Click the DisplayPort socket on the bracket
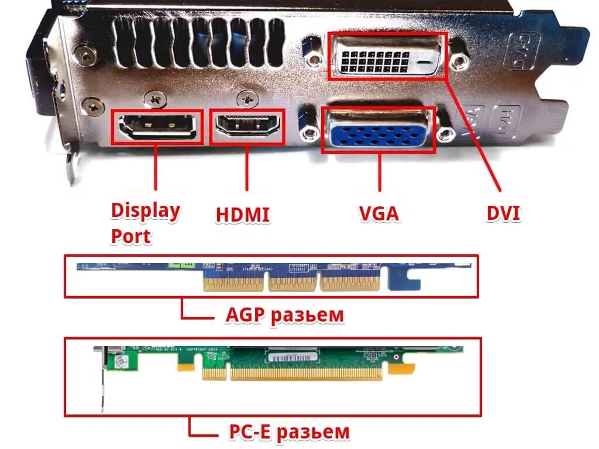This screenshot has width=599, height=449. tap(157, 127)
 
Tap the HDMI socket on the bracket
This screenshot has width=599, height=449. tap(247, 126)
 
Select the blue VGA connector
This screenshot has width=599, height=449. tap(379, 130)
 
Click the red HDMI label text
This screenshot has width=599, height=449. tap(243, 215)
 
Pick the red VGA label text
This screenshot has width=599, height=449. tap(378, 213)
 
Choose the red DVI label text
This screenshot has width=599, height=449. tap(503, 213)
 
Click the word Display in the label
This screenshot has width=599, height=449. tap(146, 211)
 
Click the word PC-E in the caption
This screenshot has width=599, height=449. tap(248, 432)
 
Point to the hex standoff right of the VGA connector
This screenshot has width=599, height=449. tap(447, 134)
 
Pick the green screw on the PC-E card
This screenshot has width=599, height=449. tap(122, 362)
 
